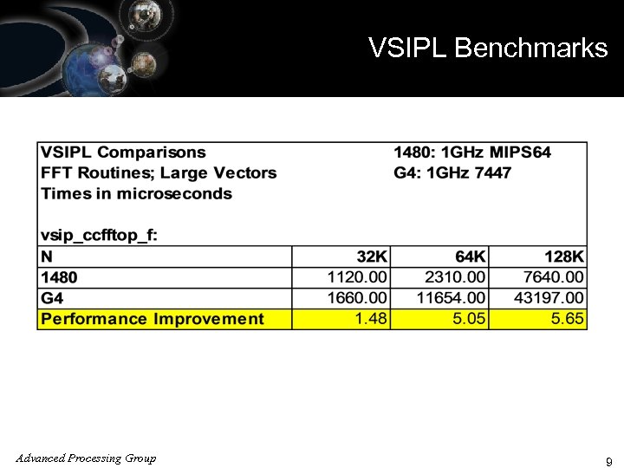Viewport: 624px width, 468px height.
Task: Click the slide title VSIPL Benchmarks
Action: tap(488, 48)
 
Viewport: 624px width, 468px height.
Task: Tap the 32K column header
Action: tap(373, 257)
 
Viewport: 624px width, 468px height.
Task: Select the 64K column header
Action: tap(471, 257)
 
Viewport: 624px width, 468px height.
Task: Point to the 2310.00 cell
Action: tap(456, 277)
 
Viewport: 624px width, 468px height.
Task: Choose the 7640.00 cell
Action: tap(553, 277)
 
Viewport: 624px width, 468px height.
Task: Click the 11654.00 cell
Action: tap(451, 298)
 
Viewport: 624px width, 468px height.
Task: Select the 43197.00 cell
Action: tap(548, 298)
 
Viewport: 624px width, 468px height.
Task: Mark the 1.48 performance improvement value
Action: tap(372, 319)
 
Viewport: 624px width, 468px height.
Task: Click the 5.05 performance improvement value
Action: tap(470, 319)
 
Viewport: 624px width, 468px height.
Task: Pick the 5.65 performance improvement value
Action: tap(567, 319)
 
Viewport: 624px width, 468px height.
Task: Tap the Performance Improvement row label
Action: tap(153, 319)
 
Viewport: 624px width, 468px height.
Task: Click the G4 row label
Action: tap(53, 298)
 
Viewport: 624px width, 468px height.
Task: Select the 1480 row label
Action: tap(59, 277)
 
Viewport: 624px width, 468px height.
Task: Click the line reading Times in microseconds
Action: tap(137, 193)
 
